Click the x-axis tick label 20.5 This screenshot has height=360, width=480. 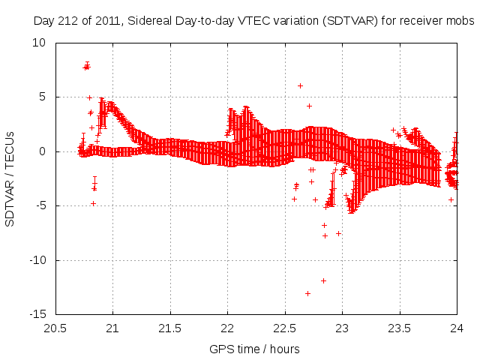55,328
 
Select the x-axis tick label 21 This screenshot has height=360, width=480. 113,328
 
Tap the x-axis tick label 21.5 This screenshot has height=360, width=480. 170,328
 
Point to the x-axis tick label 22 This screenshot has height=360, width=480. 228,328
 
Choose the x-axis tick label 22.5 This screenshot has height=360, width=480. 285,328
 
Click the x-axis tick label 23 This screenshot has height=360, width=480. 343,328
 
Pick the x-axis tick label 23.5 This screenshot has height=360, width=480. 400,328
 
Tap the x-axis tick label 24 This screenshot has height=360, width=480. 457,328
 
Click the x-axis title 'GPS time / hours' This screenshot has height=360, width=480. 256,349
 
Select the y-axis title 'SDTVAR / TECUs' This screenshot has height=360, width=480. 10,178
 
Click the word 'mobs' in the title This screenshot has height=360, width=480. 460,21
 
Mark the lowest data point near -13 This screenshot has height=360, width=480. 307,293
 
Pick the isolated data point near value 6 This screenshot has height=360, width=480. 300,85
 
